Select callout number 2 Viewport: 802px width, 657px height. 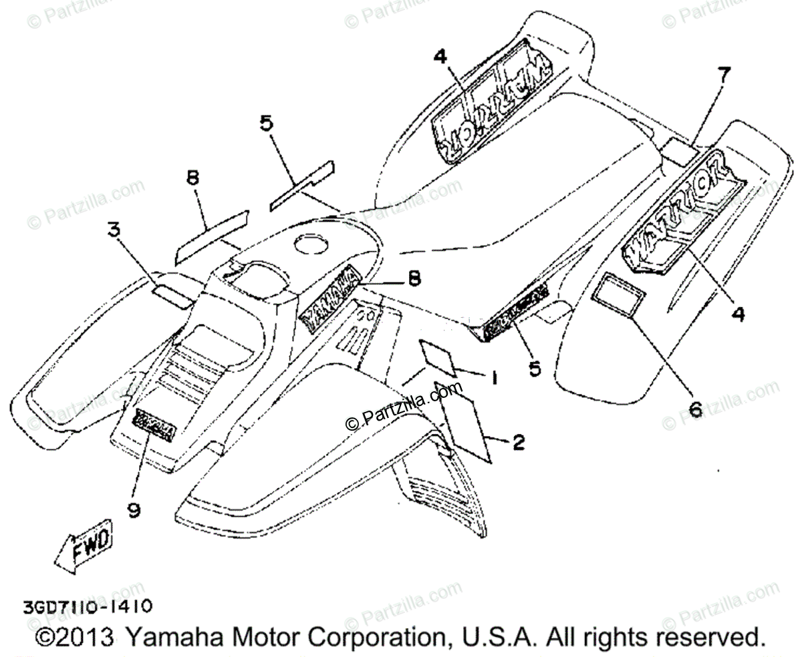tap(518, 441)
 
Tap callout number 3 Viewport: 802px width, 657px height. tap(114, 232)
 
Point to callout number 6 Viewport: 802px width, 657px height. tap(695, 409)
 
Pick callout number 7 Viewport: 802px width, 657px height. tap(723, 75)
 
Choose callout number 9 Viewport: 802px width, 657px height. tap(134, 510)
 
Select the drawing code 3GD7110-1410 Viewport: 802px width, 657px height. tap(79, 607)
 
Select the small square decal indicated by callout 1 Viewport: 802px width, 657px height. tap(438, 357)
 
